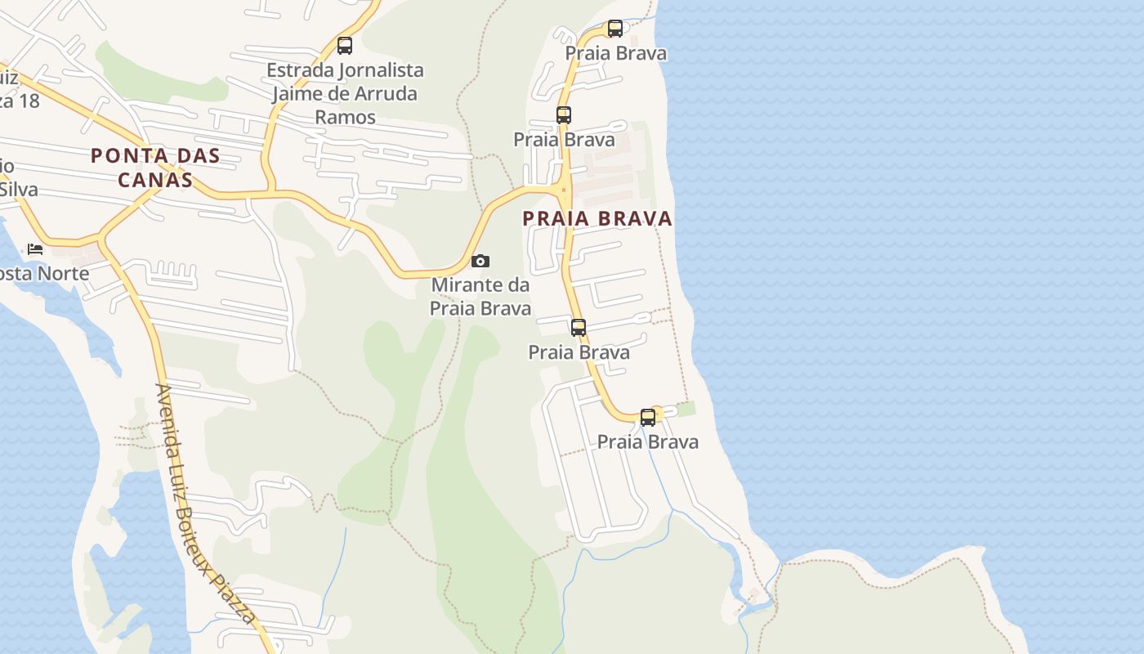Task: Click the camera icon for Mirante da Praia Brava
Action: tap(480, 262)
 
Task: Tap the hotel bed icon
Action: tap(35, 249)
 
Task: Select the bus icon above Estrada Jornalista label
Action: tap(345, 46)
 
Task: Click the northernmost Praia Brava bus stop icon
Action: tap(615, 29)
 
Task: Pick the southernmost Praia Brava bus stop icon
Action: tap(648, 418)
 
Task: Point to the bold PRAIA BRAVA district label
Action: tap(597, 218)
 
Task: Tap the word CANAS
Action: tap(155, 180)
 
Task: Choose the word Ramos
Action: tap(345, 117)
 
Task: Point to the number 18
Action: tap(28, 101)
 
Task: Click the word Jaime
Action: tap(296, 93)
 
